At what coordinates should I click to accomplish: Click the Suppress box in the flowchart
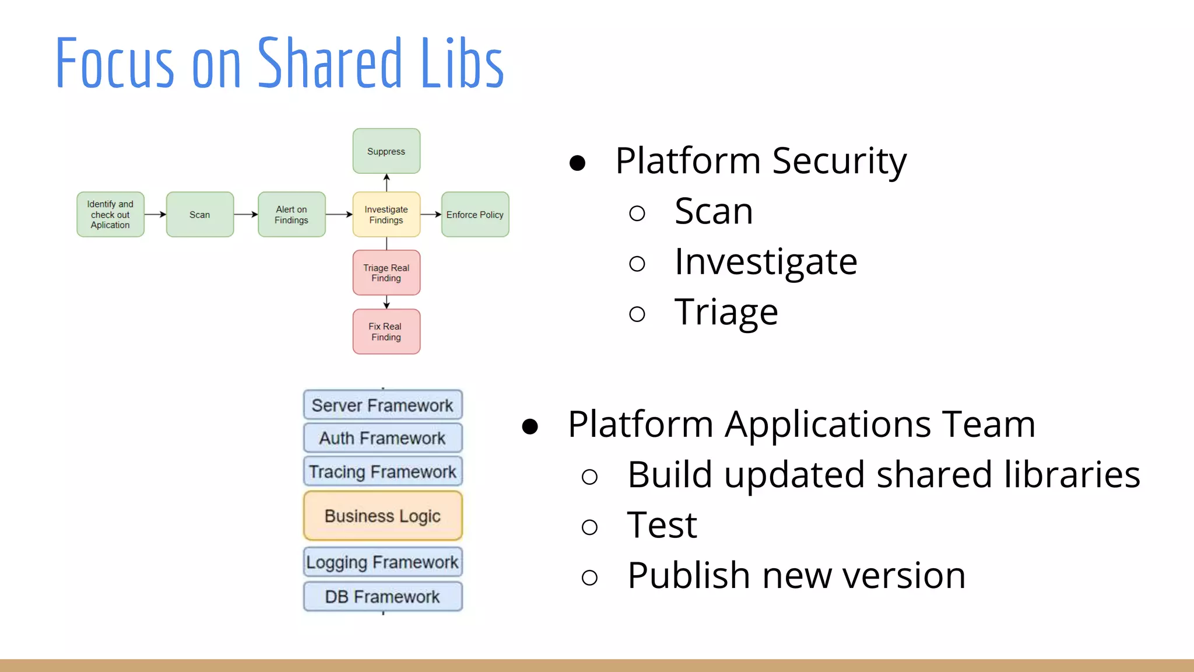coord(386,151)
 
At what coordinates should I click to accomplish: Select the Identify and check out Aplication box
coord(110,214)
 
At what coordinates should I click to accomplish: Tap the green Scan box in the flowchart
coord(200,214)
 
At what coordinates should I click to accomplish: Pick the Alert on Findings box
coord(292,214)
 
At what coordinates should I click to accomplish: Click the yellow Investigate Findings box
coord(386,214)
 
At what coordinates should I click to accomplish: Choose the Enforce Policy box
coord(475,214)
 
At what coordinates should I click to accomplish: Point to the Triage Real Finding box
coord(386,272)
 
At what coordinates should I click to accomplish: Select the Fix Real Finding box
coord(386,331)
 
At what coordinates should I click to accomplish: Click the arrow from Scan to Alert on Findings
coord(245,214)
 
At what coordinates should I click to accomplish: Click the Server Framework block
coord(382,405)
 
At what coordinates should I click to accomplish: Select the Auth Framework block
coord(382,437)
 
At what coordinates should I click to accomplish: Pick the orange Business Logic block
coord(382,516)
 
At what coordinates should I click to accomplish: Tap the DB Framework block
coord(382,596)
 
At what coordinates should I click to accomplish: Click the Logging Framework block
coord(382,562)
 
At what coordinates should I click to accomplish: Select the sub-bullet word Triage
coord(726,311)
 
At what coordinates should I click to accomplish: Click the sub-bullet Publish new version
coord(796,575)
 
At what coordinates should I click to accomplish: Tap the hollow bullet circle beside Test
coord(589,527)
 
